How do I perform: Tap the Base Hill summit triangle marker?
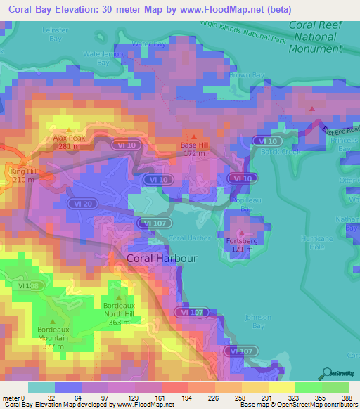coord(193,136)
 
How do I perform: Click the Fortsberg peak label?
coord(242,241)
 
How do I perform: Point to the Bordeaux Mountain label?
coord(53,334)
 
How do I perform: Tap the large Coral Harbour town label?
coord(162,259)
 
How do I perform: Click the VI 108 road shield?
coord(30,286)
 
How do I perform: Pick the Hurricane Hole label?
coord(314,243)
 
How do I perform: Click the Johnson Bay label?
coord(257,321)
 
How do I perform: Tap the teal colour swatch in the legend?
coord(41,387)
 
